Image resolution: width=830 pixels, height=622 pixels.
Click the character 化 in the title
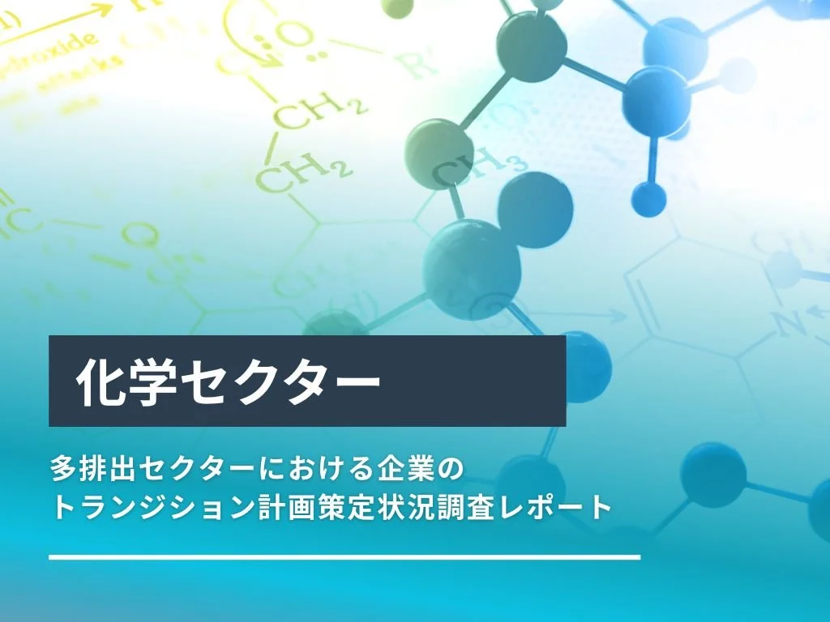tap(99, 381)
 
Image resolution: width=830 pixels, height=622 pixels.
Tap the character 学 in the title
tap(151, 381)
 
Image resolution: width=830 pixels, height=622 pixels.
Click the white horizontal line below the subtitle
tap(344, 557)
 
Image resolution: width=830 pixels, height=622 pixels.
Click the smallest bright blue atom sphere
tap(648, 198)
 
